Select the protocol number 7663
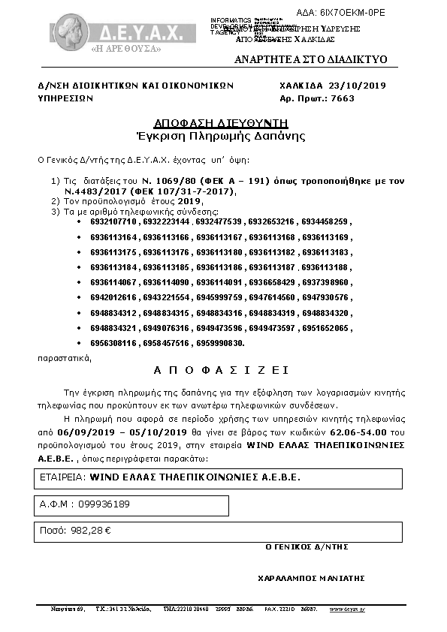341,98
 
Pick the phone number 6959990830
220,342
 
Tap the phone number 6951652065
327,327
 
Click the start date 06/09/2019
77,433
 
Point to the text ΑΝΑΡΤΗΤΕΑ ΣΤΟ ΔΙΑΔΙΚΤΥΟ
310,59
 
